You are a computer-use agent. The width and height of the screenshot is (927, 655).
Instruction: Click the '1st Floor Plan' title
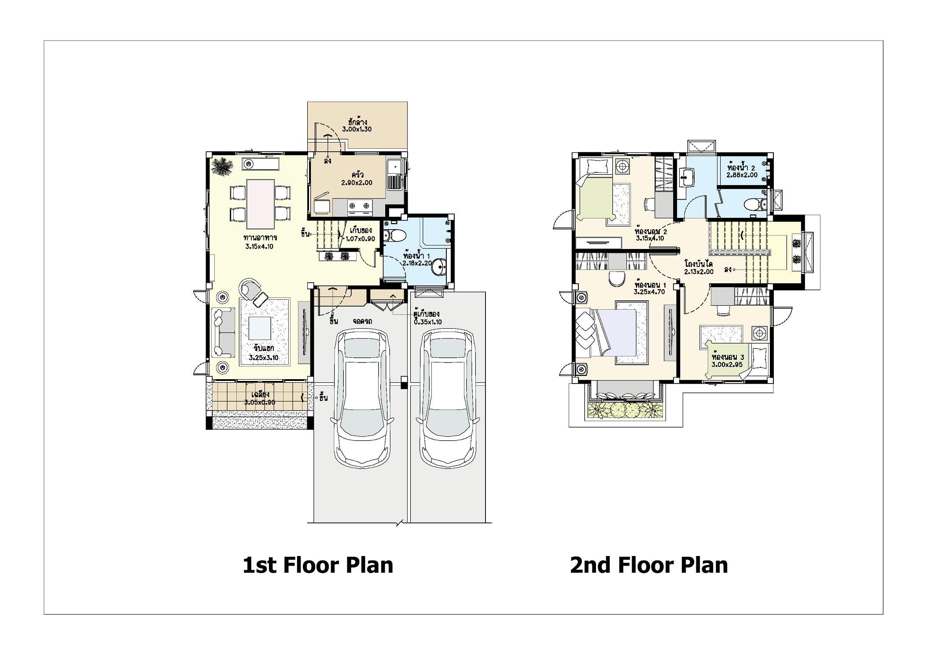pyautogui.click(x=318, y=565)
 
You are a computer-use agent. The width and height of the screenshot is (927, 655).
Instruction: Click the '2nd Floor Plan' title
pyautogui.click(x=649, y=565)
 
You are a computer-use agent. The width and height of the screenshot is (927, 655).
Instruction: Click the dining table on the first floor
pyautogui.click(x=261, y=201)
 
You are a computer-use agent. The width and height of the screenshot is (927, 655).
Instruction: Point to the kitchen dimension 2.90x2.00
pyautogui.click(x=357, y=183)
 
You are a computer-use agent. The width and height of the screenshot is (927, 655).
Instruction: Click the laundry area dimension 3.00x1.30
pyautogui.click(x=357, y=130)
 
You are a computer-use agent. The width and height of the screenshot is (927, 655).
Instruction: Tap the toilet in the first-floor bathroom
pyautogui.click(x=394, y=236)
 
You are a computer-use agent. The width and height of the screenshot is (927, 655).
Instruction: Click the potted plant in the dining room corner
pyautogui.click(x=222, y=167)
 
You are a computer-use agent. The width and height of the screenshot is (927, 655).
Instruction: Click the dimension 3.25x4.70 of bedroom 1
pyautogui.click(x=649, y=292)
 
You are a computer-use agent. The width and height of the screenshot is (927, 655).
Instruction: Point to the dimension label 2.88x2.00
pyautogui.click(x=742, y=175)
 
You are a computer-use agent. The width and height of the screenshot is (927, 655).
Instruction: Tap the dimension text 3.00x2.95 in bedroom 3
pyautogui.click(x=726, y=365)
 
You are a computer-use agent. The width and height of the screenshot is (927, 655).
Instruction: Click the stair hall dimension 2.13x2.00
pyautogui.click(x=699, y=272)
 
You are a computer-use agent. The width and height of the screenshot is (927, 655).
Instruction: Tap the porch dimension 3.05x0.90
pyautogui.click(x=260, y=403)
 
